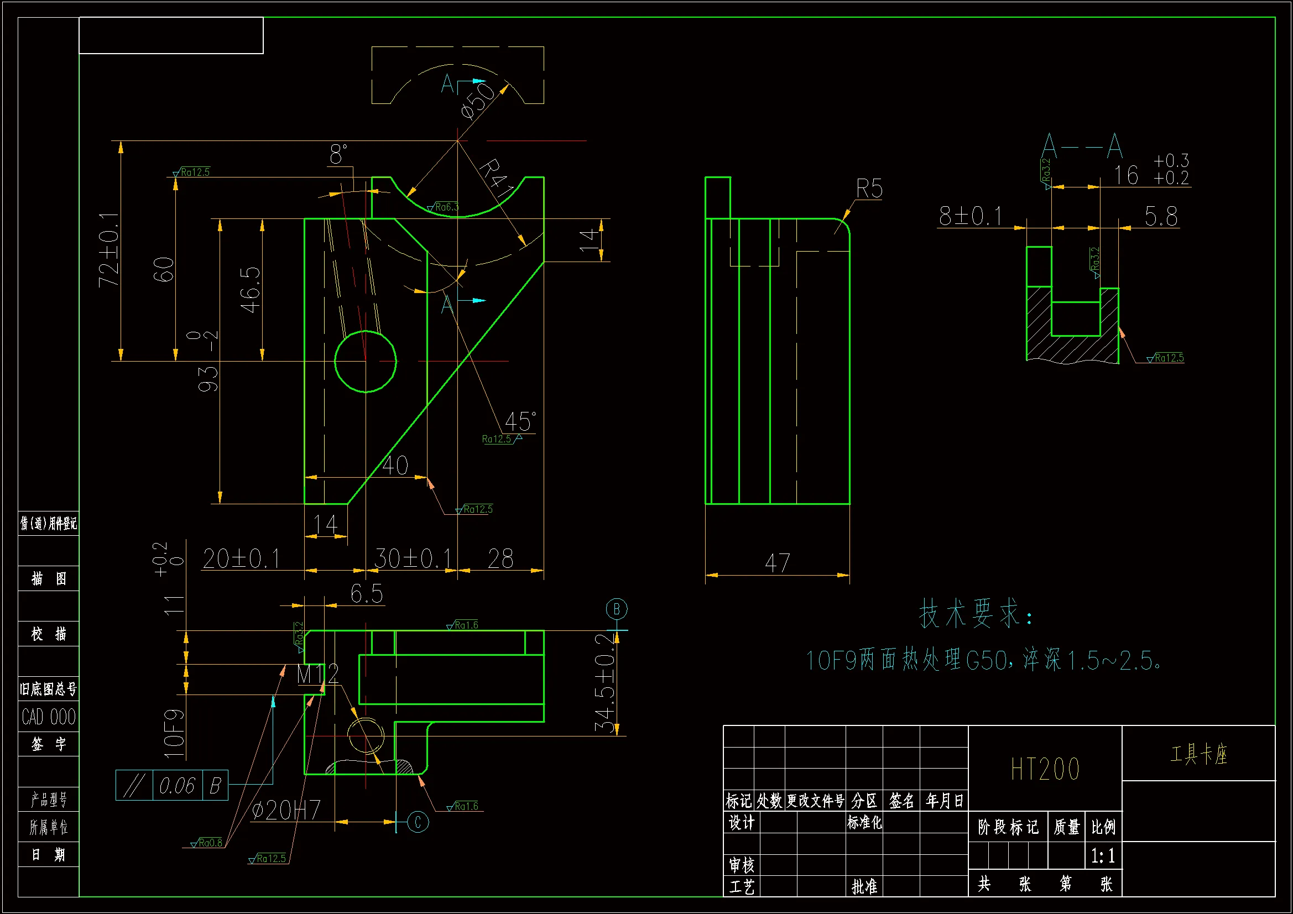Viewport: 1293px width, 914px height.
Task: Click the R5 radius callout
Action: (x=868, y=189)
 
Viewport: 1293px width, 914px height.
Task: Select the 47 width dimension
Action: (x=777, y=562)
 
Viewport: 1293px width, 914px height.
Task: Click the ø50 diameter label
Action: (x=476, y=101)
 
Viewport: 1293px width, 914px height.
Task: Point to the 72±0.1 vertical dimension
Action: (x=109, y=250)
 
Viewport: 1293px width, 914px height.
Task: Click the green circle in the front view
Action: (x=366, y=361)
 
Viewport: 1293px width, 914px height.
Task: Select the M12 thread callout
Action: (x=317, y=674)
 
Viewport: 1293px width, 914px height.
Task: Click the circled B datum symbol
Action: (x=617, y=609)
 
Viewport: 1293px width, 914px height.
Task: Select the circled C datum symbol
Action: (x=418, y=822)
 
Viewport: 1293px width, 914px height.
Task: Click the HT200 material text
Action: (x=1045, y=769)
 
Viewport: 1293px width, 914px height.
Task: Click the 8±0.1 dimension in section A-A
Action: (x=971, y=216)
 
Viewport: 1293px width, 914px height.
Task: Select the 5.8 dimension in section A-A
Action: (x=1161, y=216)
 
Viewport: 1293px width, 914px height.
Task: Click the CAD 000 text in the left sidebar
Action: (x=49, y=717)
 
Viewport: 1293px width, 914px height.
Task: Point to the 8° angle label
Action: (x=338, y=154)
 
